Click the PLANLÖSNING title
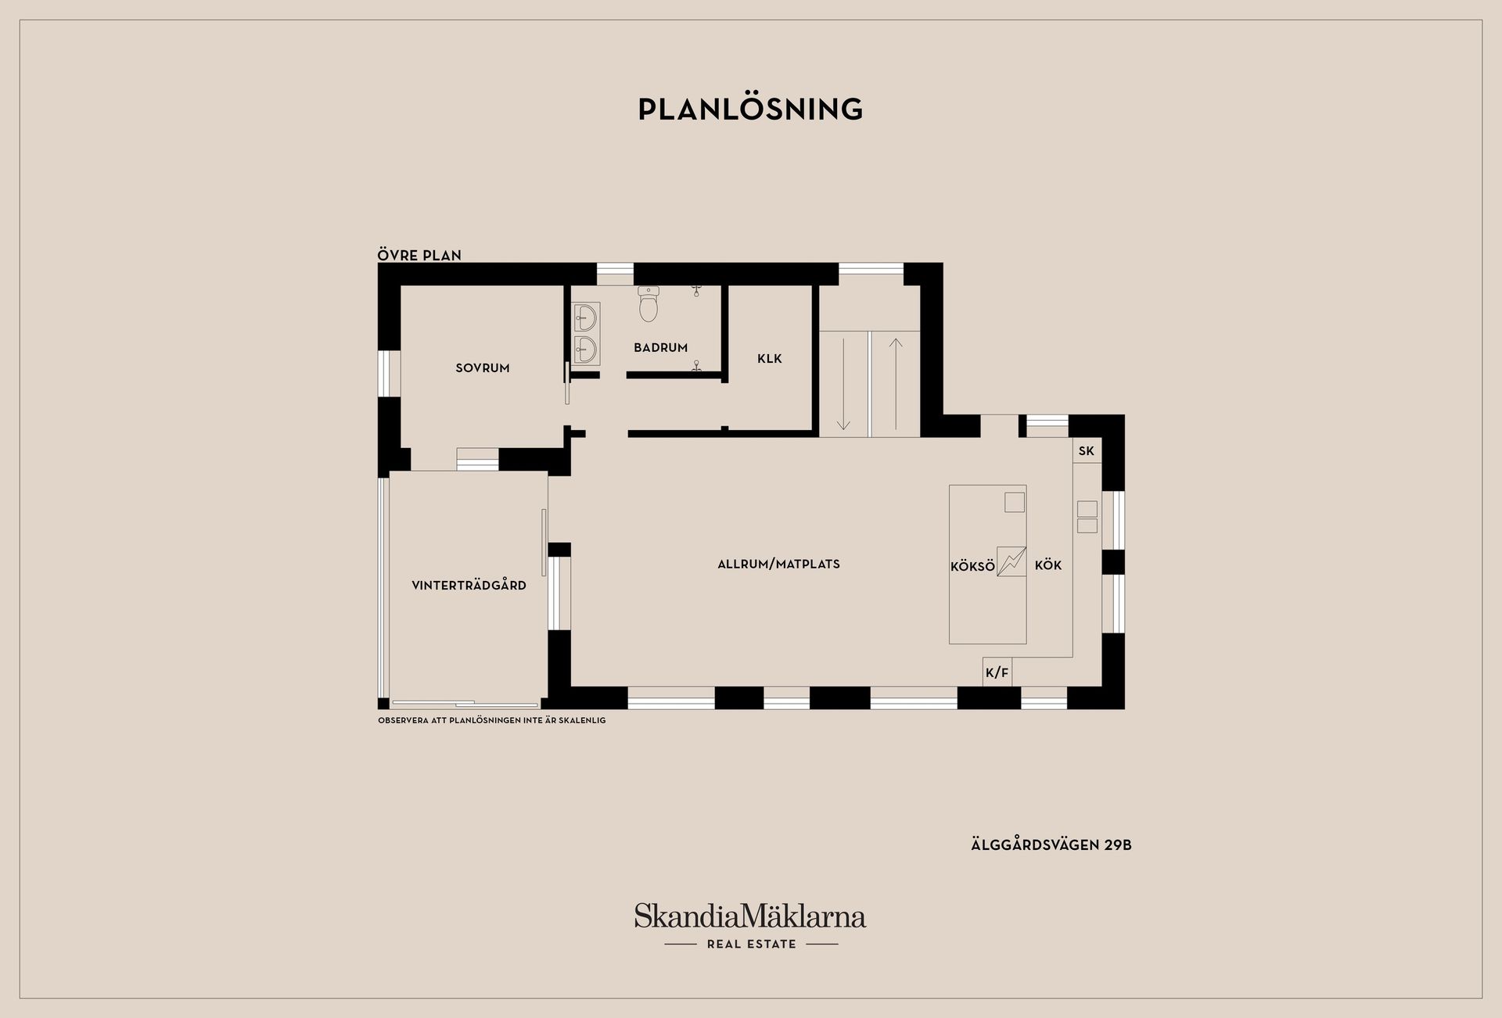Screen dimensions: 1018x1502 tap(750, 109)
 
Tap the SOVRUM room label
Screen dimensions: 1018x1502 tap(483, 367)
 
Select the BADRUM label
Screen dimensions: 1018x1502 tap(661, 347)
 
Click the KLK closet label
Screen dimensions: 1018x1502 tap(770, 359)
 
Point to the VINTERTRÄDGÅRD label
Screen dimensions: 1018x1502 tap(469, 585)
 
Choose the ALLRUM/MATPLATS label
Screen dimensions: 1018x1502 tap(778, 564)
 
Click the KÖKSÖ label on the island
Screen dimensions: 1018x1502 tap(972, 566)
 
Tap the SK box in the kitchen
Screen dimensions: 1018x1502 tap(1087, 450)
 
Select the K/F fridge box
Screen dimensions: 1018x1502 tap(997, 672)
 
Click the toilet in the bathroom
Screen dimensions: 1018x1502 tap(649, 304)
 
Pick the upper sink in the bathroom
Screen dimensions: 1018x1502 tap(585, 317)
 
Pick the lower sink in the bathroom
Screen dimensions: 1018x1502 tap(585, 349)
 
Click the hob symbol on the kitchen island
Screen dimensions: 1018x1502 tap(1012, 561)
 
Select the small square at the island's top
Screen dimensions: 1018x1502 tap(1015, 501)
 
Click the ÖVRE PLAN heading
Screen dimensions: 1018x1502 tap(419, 255)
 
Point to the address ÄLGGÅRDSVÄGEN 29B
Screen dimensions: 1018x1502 tap(1051, 844)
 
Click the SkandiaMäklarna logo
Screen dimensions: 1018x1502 tap(750, 916)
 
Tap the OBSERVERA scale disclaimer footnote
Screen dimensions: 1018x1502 tap(492, 720)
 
